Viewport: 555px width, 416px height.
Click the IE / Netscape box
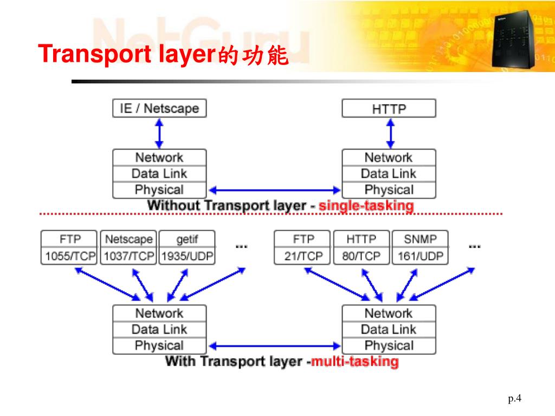coord(159,108)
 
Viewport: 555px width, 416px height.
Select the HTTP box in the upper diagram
coord(389,108)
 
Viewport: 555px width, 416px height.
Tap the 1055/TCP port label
coord(69,256)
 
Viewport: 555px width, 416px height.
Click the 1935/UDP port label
coord(187,256)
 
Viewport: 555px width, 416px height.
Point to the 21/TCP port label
coord(303,256)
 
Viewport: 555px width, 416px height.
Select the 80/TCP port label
coord(361,256)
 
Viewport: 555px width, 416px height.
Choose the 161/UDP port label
coord(420,256)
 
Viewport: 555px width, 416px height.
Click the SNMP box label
coord(420,239)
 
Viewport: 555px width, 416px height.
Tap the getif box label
coord(187,239)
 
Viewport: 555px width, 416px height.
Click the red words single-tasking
coord(366,206)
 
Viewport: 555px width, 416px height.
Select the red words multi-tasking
coord(354,361)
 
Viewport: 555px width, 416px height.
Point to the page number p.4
coord(514,399)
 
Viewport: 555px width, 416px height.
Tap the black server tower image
coord(512,40)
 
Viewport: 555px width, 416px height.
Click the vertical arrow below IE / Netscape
coord(159,133)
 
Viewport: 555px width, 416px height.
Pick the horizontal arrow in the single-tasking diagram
coord(274,190)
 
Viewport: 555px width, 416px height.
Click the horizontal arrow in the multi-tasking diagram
coord(274,345)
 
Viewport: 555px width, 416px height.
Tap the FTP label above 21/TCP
coord(303,239)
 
